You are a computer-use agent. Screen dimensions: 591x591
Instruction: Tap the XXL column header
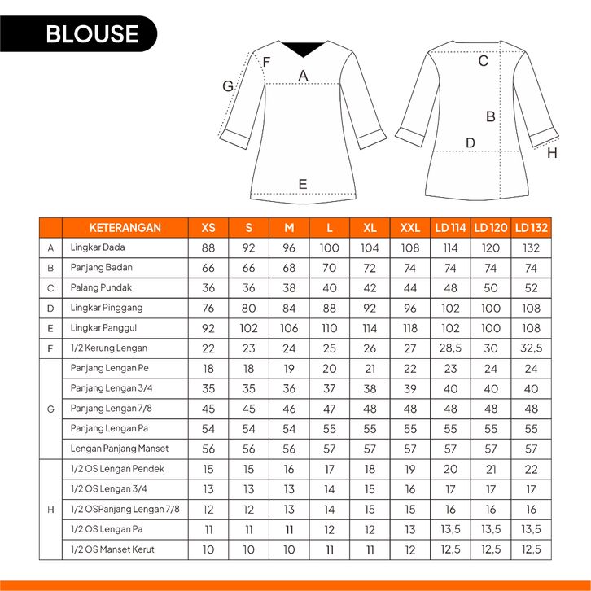point(410,228)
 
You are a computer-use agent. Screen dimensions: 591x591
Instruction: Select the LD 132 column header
point(532,228)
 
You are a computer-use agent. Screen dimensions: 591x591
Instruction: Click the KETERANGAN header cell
point(125,228)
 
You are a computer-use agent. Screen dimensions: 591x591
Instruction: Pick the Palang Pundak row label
point(101,287)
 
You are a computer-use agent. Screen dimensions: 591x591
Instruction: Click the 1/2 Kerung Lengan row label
point(109,348)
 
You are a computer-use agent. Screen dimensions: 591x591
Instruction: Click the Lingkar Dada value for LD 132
point(532,247)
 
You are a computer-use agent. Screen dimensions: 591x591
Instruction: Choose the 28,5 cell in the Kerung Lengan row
point(451,348)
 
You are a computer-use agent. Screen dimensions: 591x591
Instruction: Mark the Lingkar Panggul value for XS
point(208,328)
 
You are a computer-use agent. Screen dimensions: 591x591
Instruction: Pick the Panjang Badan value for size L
point(329,268)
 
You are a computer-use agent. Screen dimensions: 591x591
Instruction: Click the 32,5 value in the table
point(532,348)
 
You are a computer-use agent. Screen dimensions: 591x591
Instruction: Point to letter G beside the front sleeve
point(228,86)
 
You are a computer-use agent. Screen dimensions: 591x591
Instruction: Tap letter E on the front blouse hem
point(303,184)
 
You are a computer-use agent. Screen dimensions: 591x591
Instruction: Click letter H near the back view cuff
point(552,152)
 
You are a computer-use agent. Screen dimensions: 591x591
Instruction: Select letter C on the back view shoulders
point(483,61)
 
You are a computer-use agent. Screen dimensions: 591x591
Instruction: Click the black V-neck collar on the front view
point(303,49)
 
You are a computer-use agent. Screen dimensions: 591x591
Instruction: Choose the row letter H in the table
point(50,510)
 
